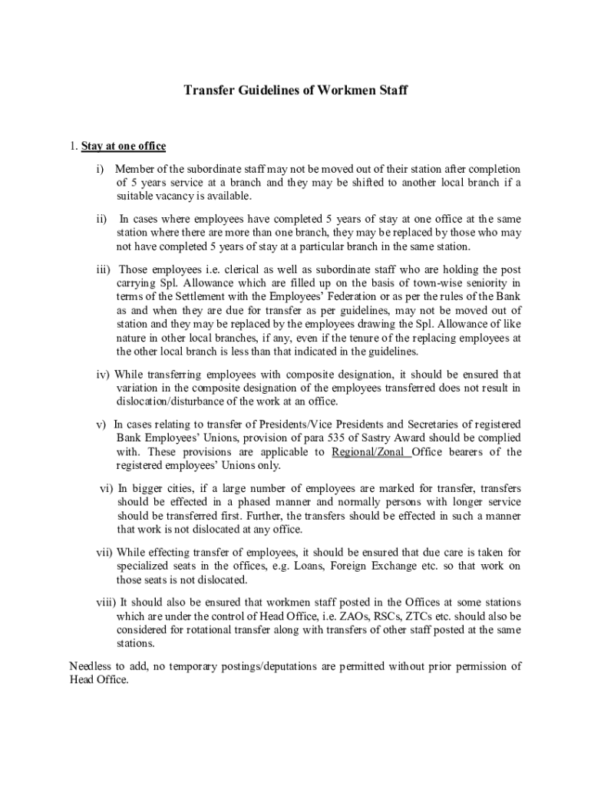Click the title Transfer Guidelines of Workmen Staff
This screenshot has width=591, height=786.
(295, 91)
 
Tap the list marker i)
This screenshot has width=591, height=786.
(101, 169)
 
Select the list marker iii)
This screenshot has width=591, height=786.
(103, 269)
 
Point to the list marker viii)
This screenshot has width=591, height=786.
(104, 602)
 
